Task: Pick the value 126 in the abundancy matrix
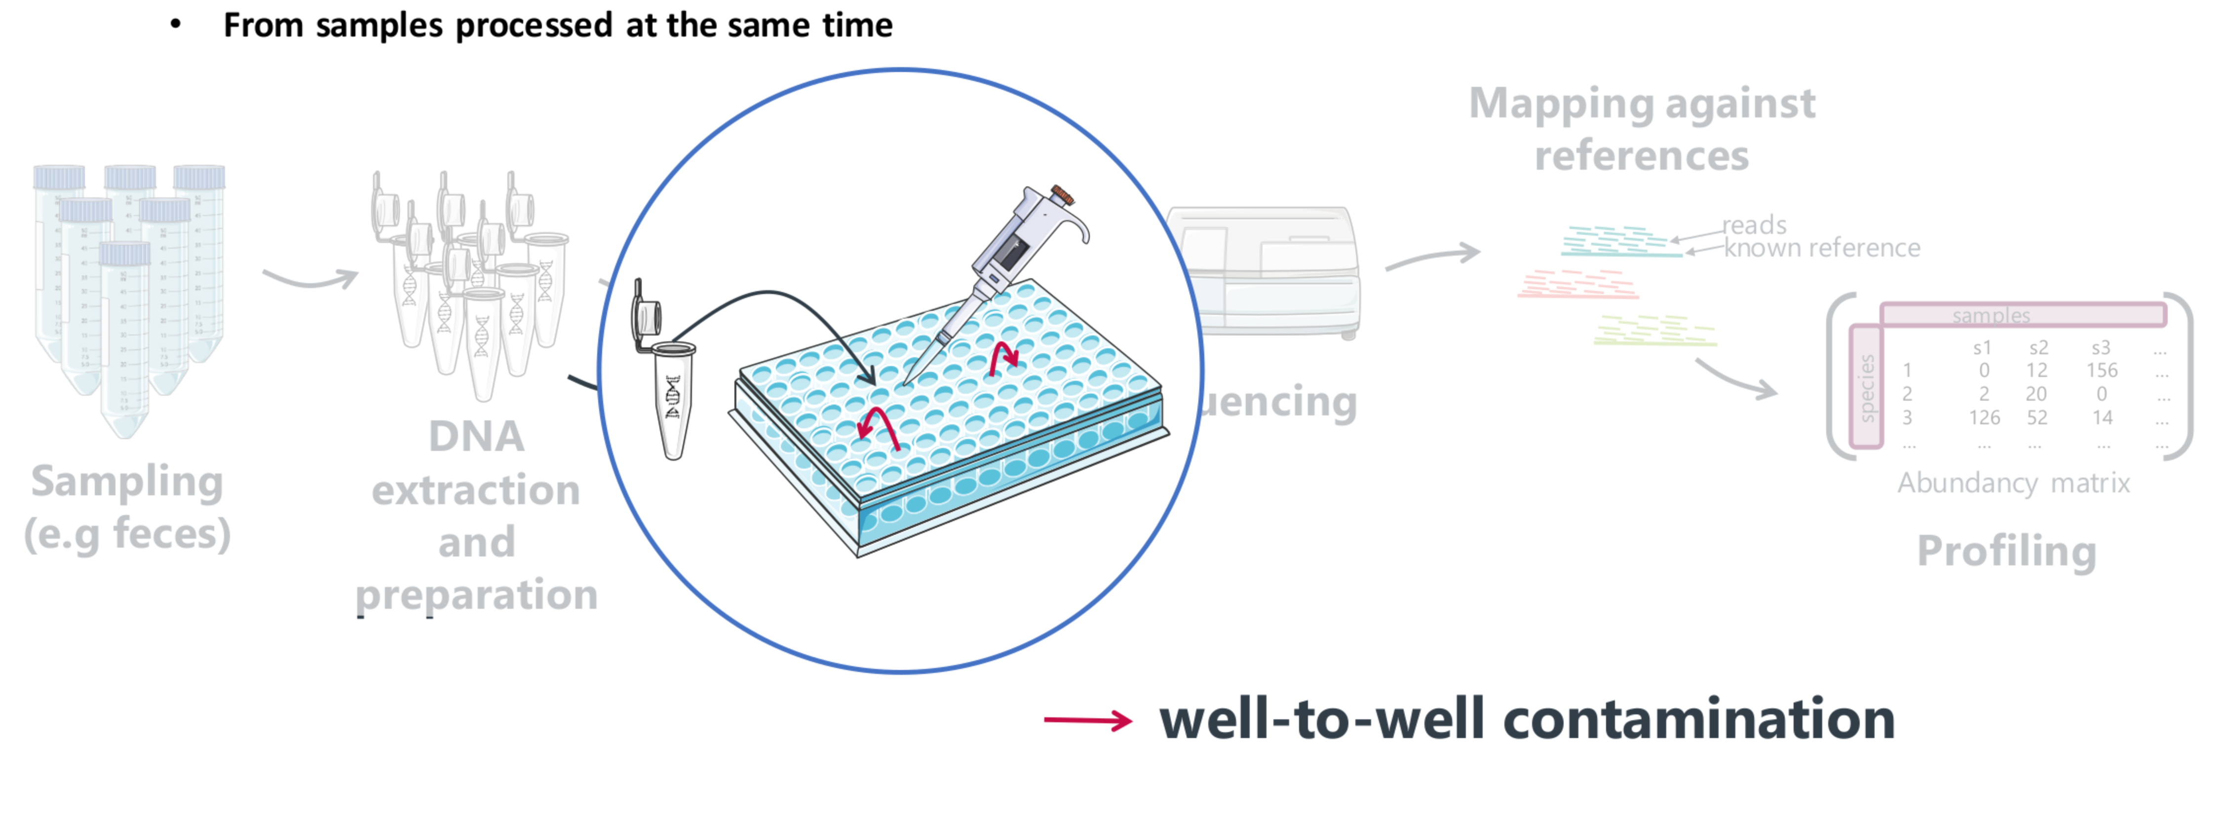click(1984, 417)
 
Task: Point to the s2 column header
click(2038, 348)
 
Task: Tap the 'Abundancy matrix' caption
click(2013, 482)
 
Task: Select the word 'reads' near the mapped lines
click(1755, 225)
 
